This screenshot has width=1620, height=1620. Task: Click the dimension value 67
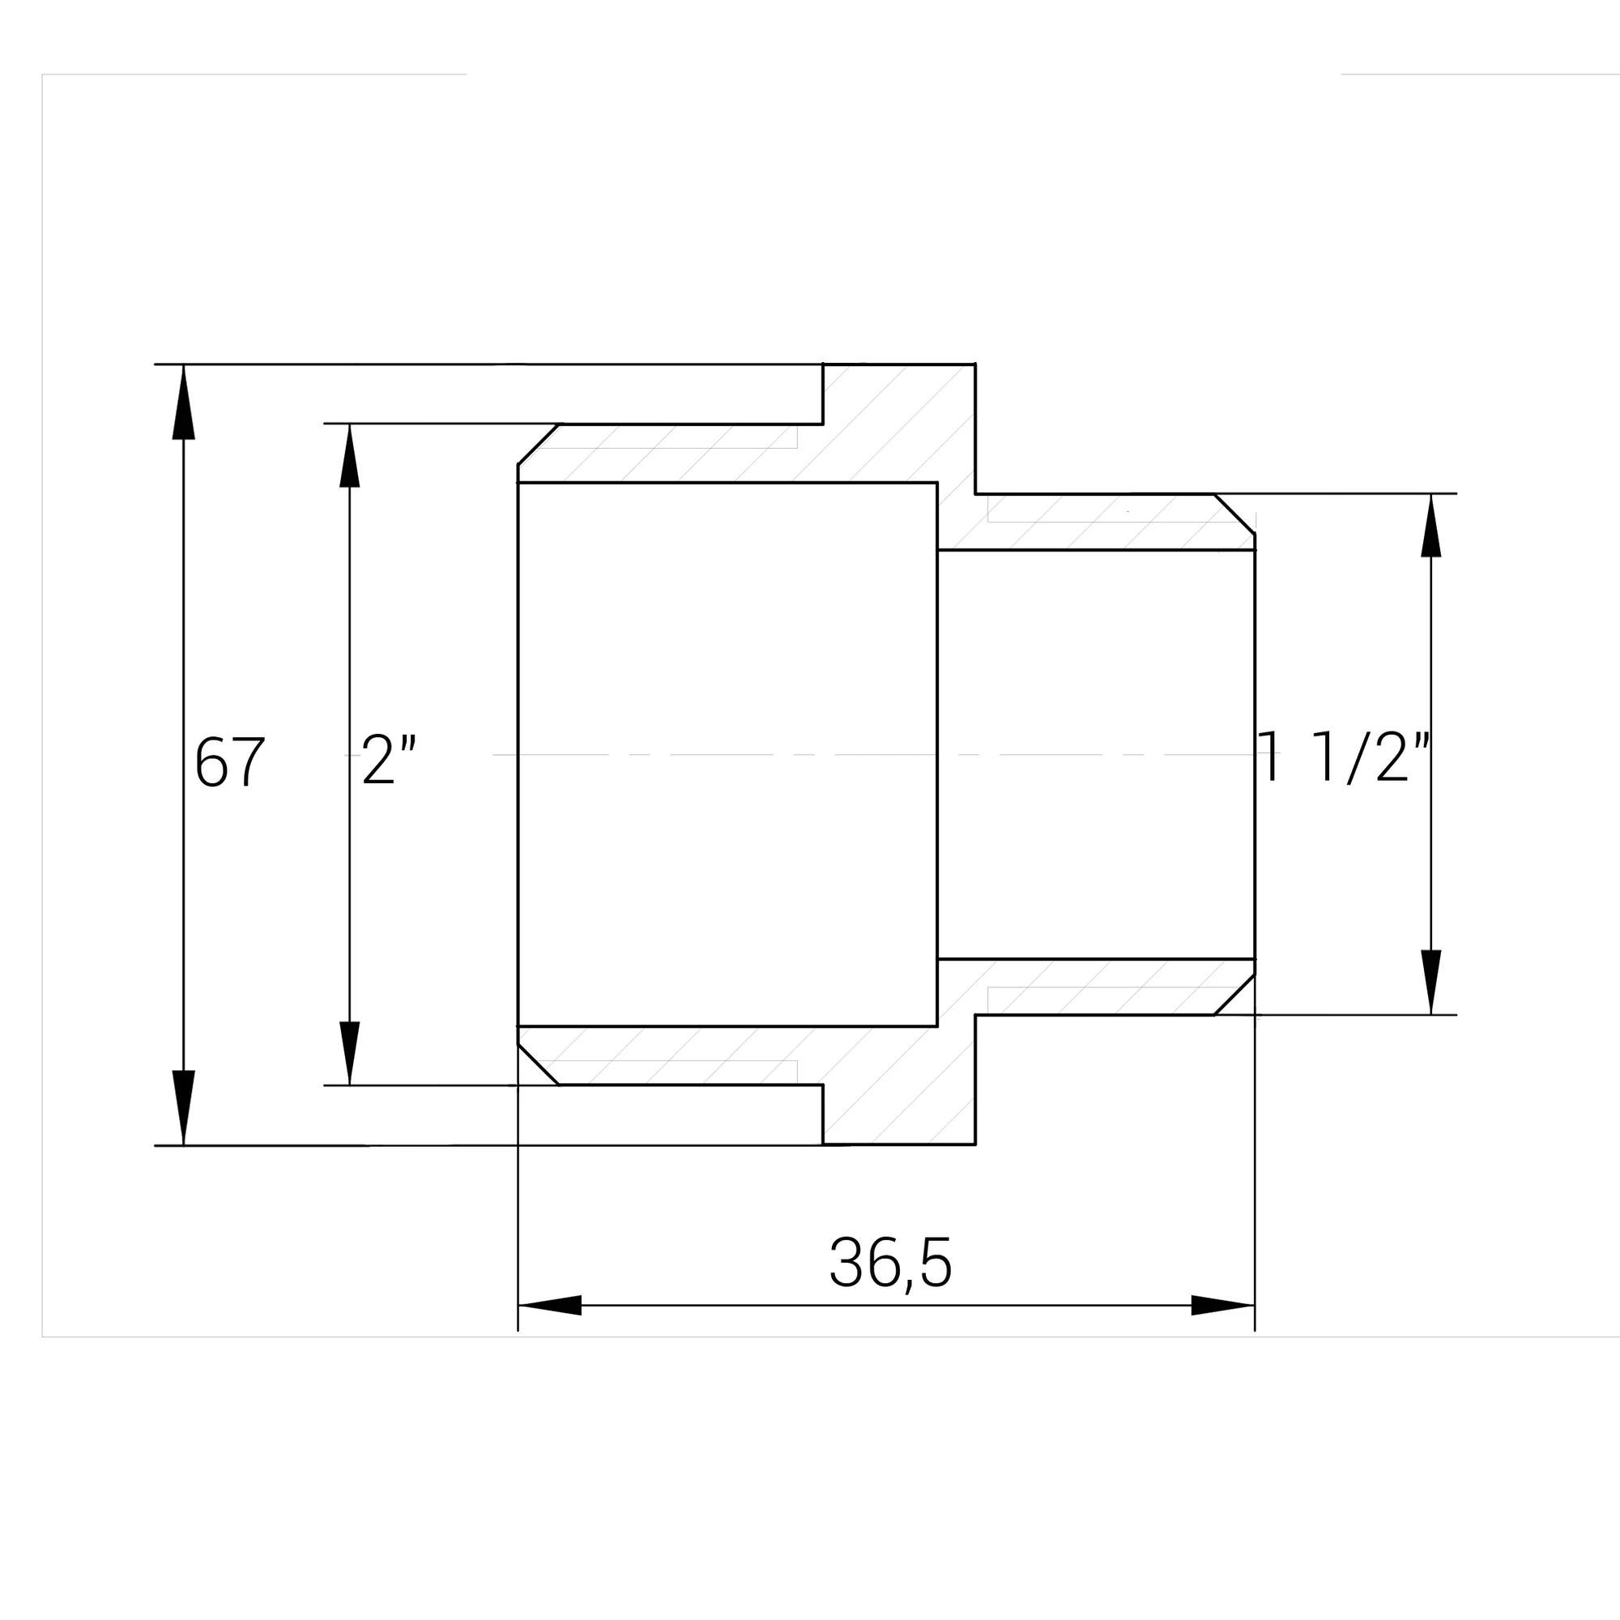tap(230, 761)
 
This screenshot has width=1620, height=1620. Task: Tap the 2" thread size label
tap(389, 760)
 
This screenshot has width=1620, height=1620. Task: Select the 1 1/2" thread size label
tap(1343, 757)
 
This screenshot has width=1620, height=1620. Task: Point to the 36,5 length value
tap(890, 1264)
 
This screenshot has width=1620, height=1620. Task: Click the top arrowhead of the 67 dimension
tap(184, 402)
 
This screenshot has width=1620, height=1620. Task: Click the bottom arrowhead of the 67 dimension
tap(184, 1107)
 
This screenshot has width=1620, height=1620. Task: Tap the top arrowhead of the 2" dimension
tap(350, 455)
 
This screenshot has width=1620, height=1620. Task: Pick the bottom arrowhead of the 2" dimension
tap(350, 1053)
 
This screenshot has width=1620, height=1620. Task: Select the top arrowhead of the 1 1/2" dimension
tap(1431, 525)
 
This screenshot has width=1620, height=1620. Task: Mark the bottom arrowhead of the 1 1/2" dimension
tap(1431, 982)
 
